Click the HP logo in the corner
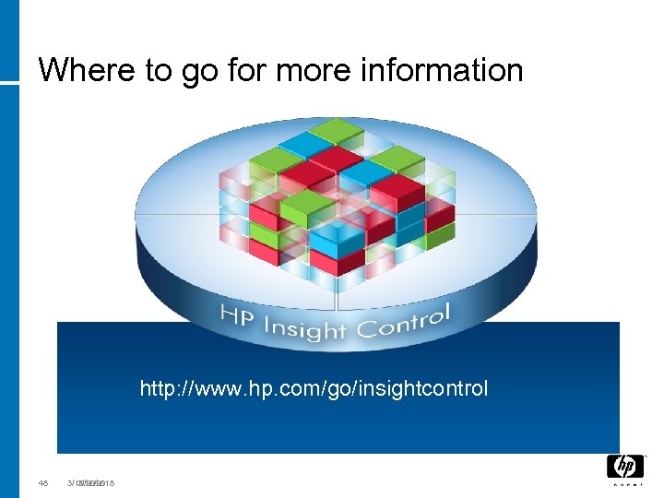click(x=624, y=466)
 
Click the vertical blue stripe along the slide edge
click(x=9, y=277)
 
